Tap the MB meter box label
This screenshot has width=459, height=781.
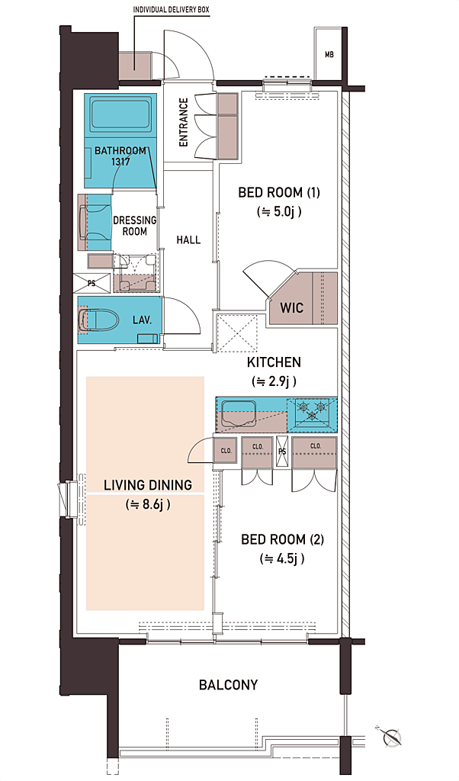click(x=329, y=55)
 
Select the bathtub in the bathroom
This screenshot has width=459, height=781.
click(x=120, y=115)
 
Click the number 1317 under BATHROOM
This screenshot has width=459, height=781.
click(x=120, y=162)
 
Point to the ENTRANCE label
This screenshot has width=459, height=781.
click(x=184, y=123)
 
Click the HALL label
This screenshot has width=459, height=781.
click(x=188, y=239)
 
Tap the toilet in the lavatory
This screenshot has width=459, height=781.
click(x=98, y=320)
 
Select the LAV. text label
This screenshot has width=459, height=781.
click(x=142, y=320)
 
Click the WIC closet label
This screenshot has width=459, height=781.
click(x=292, y=307)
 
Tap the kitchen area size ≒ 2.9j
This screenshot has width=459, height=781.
click(x=274, y=381)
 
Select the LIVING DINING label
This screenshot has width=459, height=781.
click(x=148, y=484)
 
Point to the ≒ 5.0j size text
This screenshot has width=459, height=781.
click(x=279, y=212)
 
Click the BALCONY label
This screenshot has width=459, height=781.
click(x=229, y=685)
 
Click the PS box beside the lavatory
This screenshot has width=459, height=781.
click(x=92, y=283)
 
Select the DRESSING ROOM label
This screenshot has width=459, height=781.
click(x=134, y=226)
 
